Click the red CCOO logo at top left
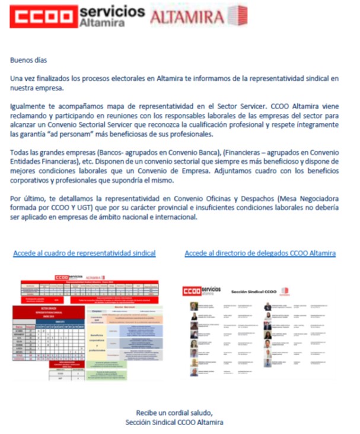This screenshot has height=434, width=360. (x=42, y=17)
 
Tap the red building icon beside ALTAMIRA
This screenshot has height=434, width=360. (x=237, y=16)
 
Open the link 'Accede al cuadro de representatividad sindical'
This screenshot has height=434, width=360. (x=84, y=254)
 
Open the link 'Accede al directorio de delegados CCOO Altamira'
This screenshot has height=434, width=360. (x=260, y=254)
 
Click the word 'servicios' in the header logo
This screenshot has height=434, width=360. (x=111, y=11)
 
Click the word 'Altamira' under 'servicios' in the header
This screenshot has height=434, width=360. (x=101, y=23)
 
